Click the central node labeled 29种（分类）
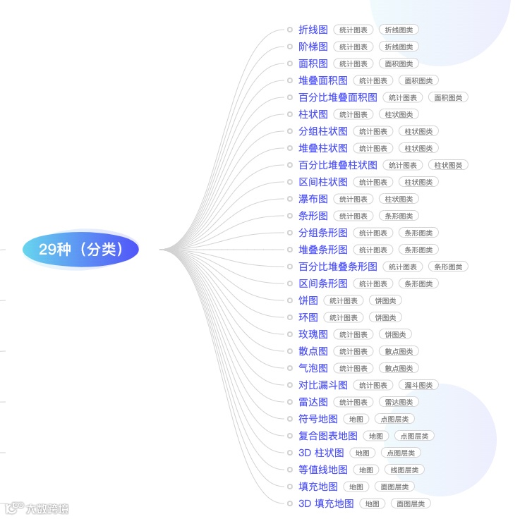click(80, 249)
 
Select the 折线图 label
click(313, 30)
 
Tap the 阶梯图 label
click(313, 47)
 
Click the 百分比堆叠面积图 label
click(337, 97)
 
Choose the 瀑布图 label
click(313, 199)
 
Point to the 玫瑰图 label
click(313, 334)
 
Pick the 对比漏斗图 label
click(322, 385)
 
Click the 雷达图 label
click(313, 402)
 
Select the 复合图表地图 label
click(327, 436)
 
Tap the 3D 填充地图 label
click(325, 503)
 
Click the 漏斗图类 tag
click(418, 385)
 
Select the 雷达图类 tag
click(399, 402)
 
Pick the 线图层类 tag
click(404, 470)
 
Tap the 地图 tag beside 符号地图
click(356, 419)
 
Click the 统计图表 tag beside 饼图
click(344, 300)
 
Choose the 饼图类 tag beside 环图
click(385, 317)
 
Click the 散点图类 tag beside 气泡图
click(399, 368)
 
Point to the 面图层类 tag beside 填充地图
click(394, 487)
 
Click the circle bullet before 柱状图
click(290, 114)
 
